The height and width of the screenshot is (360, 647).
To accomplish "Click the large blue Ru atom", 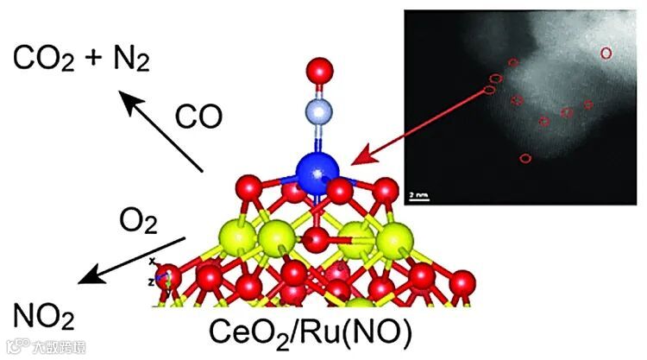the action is [x=318, y=173].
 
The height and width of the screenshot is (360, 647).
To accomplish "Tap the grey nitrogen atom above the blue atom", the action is [x=318, y=111].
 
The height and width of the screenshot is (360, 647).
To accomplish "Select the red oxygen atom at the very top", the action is [x=319, y=68].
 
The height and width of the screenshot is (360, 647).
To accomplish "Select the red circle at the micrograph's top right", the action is [x=606, y=54].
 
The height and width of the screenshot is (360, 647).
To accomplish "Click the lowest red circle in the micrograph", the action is [x=526, y=158].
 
